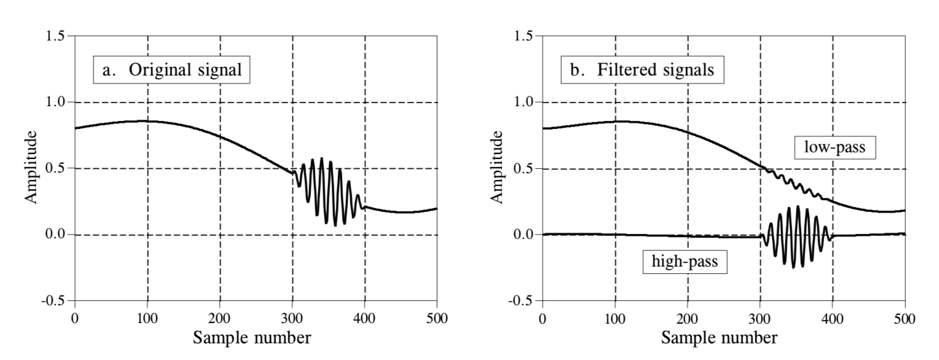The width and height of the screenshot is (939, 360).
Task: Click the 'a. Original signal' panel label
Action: (172, 69)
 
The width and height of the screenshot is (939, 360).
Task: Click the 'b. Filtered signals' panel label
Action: (642, 69)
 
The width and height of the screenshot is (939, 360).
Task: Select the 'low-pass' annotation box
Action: (835, 147)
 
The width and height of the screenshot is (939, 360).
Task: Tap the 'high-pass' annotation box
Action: (685, 262)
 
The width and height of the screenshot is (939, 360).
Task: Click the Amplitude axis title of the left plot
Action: (31, 167)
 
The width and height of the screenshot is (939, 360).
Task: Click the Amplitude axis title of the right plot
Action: (497, 167)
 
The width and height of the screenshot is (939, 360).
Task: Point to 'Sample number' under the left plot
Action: (252, 338)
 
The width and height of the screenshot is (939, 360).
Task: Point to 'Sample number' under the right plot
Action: (720, 338)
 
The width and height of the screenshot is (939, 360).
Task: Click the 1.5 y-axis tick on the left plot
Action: (56, 36)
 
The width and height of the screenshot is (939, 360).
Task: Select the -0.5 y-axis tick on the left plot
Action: (53, 300)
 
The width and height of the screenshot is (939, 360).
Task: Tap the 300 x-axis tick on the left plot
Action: (292, 318)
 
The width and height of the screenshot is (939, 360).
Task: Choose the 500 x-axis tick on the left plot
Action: (437, 318)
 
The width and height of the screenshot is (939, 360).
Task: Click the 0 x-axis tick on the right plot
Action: (543, 318)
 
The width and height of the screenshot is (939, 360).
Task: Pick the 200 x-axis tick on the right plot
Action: (688, 318)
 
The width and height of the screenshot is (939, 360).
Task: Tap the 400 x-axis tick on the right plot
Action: (833, 318)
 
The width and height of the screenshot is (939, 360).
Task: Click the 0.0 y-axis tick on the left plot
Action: (56, 234)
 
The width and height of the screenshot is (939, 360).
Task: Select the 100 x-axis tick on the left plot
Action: (147, 318)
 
